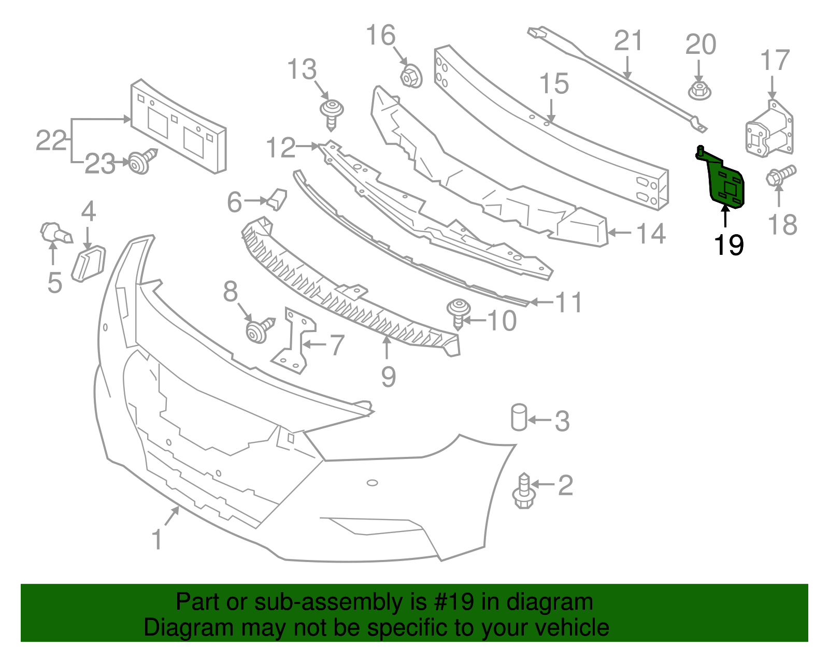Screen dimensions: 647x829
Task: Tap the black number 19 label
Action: (x=728, y=245)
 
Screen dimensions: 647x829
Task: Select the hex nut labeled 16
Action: (x=411, y=77)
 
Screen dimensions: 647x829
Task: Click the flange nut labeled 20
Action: (x=699, y=91)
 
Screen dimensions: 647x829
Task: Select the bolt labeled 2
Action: (x=523, y=491)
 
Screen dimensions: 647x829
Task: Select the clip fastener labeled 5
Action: (x=54, y=233)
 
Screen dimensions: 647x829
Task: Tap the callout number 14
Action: (x=651, y=234)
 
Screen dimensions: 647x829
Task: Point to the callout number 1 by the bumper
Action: (x=157, y=539)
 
